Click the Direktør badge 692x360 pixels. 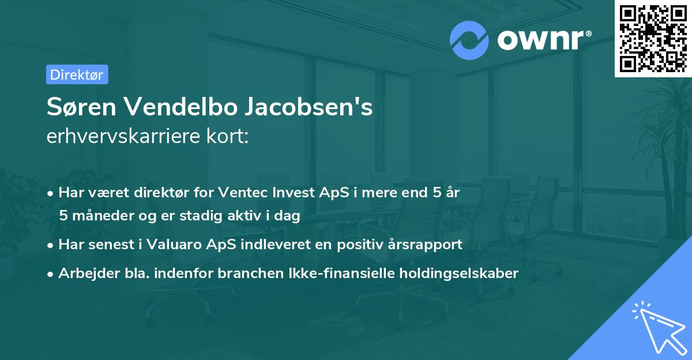[x=77, y=74]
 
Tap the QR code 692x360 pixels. [x=653, y=38]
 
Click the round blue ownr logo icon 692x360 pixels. [x=469, y=40]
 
